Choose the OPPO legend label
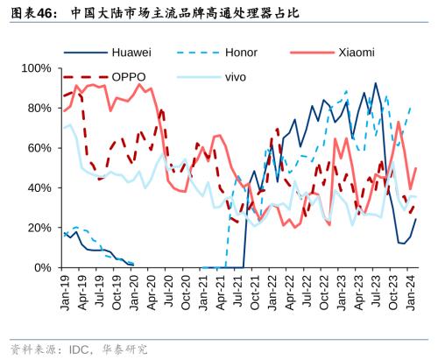pos(129,77)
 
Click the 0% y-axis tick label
pos(39,267)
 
